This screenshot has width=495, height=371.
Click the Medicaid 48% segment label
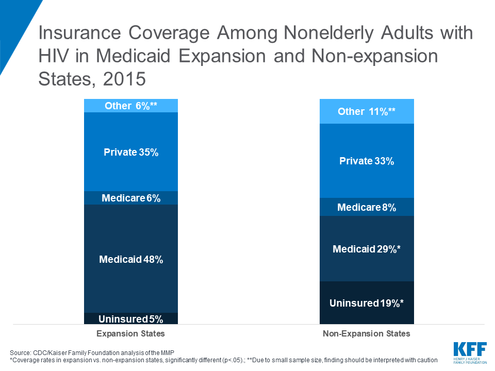click(131, 260)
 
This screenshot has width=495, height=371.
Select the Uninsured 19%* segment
click(367, 303)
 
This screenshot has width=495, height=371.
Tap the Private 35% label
click(131, 152)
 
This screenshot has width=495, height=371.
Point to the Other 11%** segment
click(367, 112)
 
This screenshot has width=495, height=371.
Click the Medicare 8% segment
click(367, 208)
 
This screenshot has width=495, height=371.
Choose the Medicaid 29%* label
click(367, 249)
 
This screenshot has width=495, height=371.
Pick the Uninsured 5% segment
click(131, 318)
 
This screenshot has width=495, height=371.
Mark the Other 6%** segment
click(131, 106)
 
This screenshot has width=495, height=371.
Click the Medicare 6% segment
click(131, 198)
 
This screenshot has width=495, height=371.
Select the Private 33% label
click(367, 161)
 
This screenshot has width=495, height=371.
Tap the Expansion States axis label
click(131, 333)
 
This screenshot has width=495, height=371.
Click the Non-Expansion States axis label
click(367, 333)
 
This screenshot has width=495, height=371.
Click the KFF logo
click(469, 351)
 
